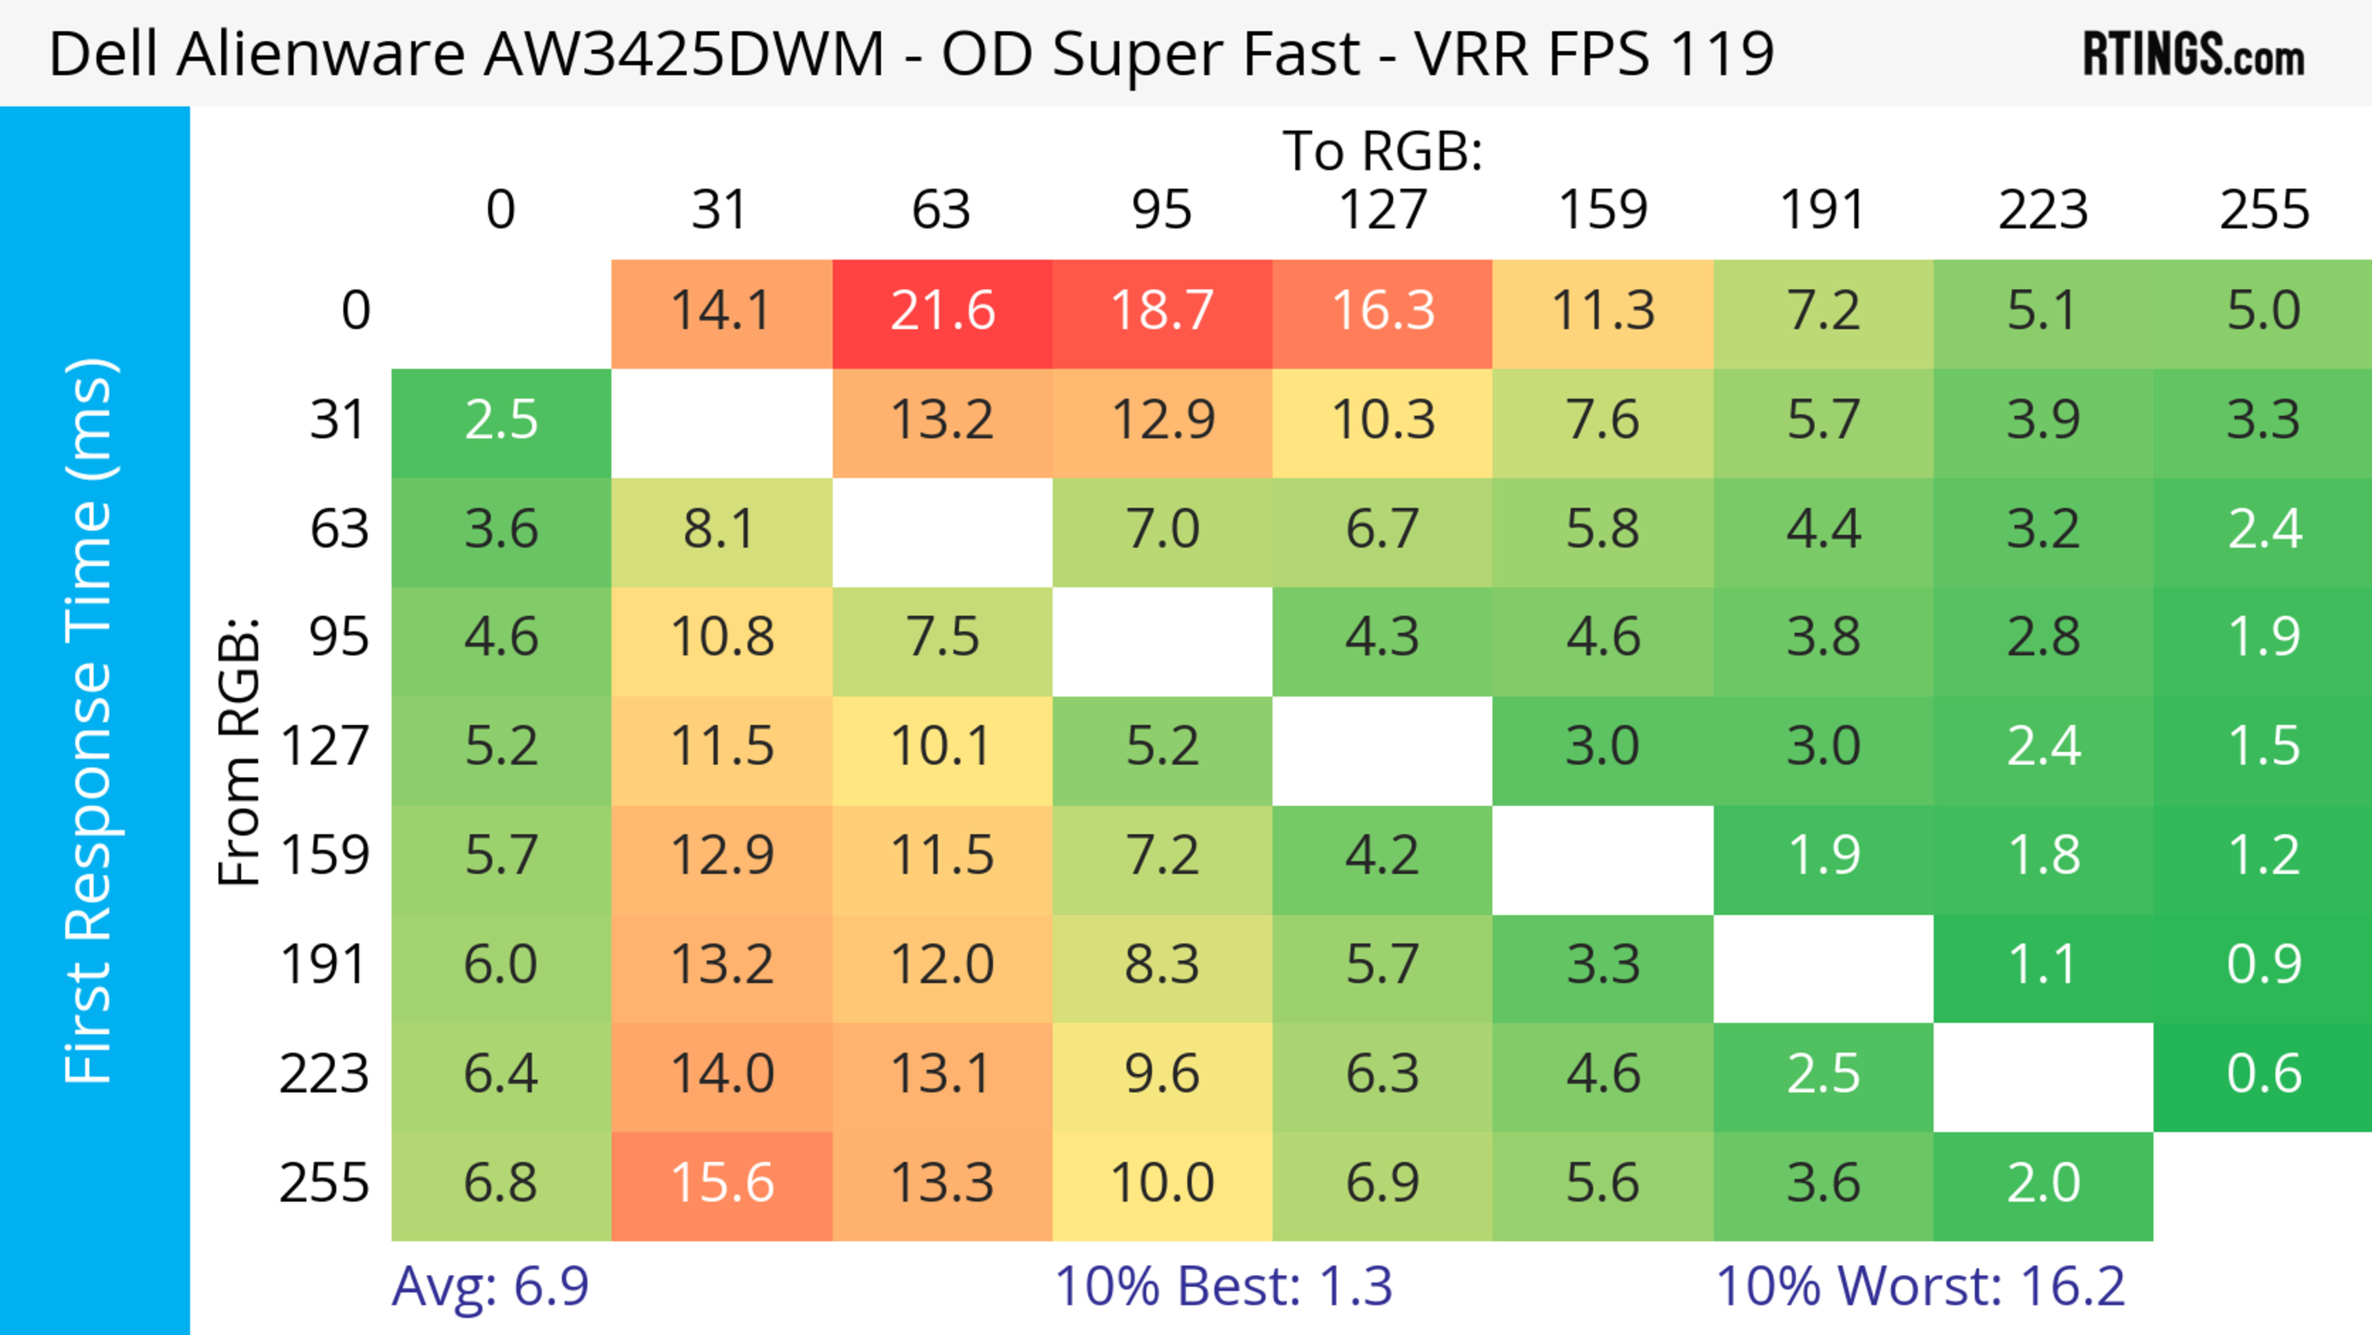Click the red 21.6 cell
click(x=942, y=312)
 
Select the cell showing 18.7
click(x=1162, y=312)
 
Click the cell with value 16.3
click(x=1382, y=312)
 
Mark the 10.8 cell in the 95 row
click(x=722, y=639)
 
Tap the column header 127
click(x=1382, y=211)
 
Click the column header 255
click(x=2263, y=211)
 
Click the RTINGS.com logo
click(x=2193, y=54)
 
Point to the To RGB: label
click(x=1382, y=152)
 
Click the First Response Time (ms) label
click(x=90, y=720)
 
